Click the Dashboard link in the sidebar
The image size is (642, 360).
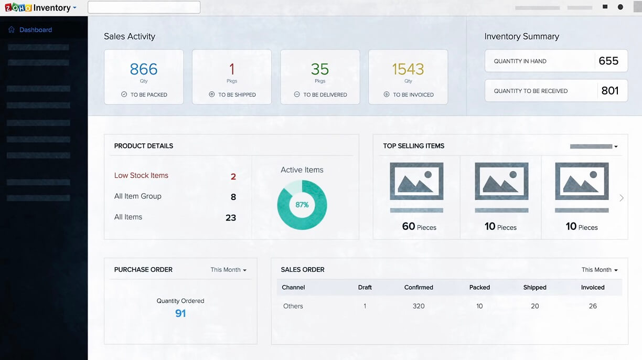[35, 30]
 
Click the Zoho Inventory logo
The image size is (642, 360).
[40, 8]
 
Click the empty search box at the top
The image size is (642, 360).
[144, 7]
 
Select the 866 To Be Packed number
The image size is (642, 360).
[144, 69]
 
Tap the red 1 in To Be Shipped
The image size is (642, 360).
[232, 69]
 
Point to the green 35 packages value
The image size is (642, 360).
[320, 69]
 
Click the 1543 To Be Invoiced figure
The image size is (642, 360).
[408, 69]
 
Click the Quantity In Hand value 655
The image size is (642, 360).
[608, 61]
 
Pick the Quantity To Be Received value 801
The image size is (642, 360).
[610, 91]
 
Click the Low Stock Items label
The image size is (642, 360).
[141, 176]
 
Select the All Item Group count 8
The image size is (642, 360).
[233, 197]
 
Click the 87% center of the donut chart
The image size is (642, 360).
[302, 205]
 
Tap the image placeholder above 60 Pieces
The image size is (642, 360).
[416, 181]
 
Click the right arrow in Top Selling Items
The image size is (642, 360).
[622, 198]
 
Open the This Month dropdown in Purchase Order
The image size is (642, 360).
[229, 270]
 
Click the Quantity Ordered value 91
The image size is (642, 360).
[180, 313]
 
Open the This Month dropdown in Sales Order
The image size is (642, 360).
[600, 270]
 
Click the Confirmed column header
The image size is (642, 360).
[419, 288]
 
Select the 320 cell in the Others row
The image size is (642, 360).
[419, 306]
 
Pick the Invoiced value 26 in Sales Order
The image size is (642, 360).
[593, 306]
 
